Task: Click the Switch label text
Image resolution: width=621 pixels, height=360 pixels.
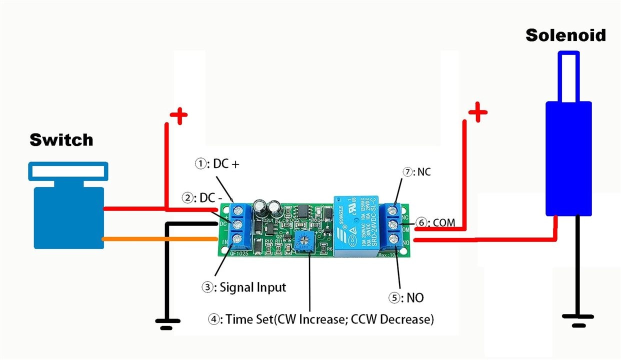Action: [61, 139]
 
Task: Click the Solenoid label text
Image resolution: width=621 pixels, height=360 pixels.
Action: [565, 35]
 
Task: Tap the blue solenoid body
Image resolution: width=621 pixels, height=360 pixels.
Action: [568, 157]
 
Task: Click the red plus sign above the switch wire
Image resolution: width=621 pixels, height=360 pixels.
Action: [178, 116]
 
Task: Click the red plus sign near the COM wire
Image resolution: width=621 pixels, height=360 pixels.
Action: [477, 112]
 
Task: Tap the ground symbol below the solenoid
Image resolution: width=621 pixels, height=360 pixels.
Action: [578, 319]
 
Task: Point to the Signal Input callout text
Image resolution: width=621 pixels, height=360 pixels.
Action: [244, 287]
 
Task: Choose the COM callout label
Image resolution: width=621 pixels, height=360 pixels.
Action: [437, 222]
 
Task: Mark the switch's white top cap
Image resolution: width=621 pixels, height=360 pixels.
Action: [67, 172]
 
